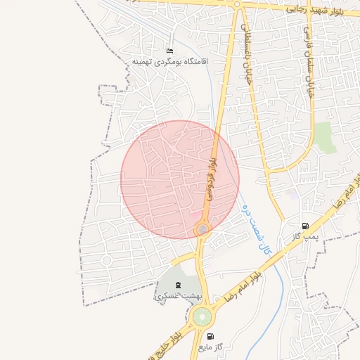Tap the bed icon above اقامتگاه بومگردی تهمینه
[x=169, y=51]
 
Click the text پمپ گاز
[x=306, y=236]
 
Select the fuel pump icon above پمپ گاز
[x=304, y=226]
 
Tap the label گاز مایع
[x=210, y=346]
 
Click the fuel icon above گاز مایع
[x=210, y=336]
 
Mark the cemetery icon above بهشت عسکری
[x=176, y=285]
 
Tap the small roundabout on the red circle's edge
[x=202, y=229]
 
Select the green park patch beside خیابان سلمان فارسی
[x=324, y=136]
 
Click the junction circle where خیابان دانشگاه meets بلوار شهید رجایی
[x=237, y=4]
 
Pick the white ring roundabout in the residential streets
[x=107, y=260]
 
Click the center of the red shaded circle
[x=180, y=180]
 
